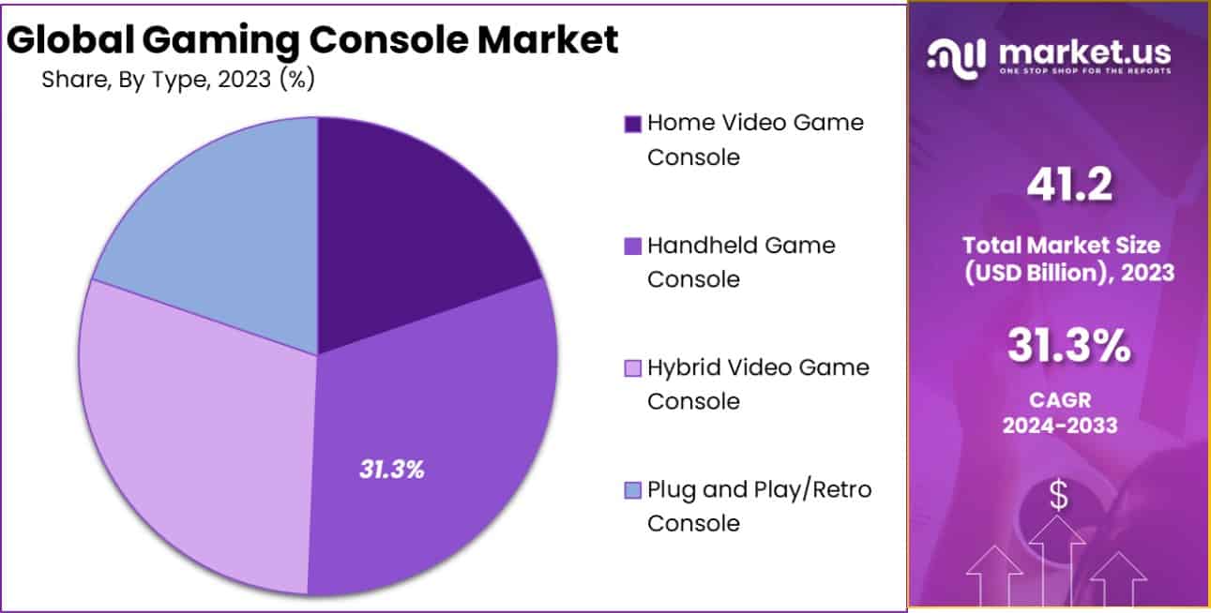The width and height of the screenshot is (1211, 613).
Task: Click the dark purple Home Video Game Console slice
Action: (413, 234)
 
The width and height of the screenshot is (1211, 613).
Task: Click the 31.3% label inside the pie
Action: (392, 470)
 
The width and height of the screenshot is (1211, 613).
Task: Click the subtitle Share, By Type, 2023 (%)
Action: (177, 81)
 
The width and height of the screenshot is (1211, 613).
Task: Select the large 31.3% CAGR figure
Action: (1069, 347)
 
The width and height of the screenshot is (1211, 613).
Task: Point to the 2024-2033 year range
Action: (1060, 425)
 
